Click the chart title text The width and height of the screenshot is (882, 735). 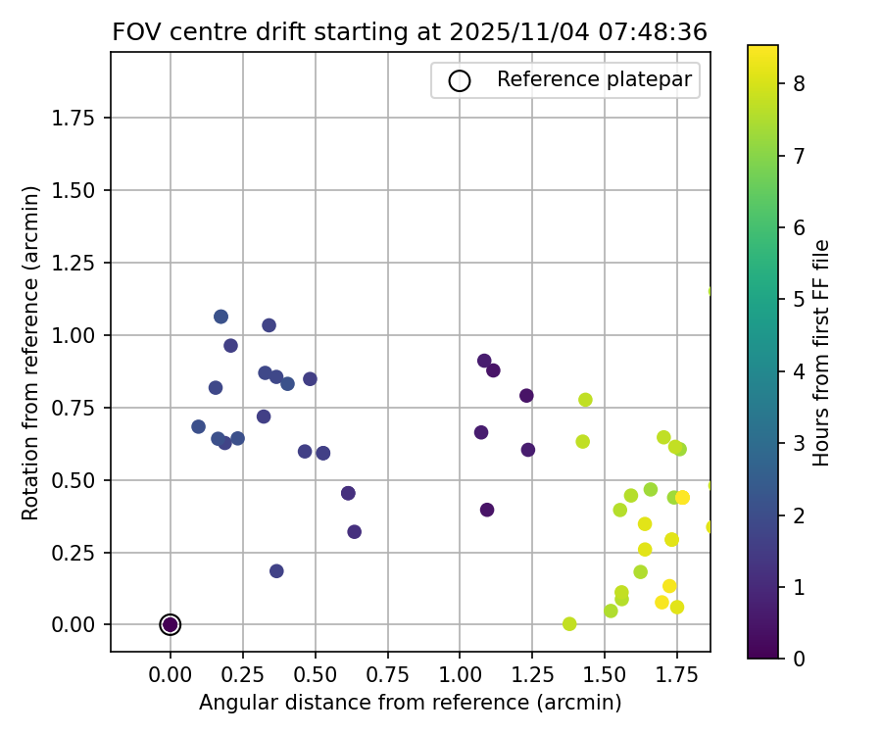[410, 31]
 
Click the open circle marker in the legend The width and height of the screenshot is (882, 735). [459, 80]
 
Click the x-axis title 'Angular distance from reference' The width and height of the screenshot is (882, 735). [410, 703]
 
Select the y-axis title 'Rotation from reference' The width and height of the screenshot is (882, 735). [30, 352]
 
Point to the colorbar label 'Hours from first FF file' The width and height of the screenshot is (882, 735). [821, 352]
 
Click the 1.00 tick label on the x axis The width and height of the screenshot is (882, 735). [460, 675]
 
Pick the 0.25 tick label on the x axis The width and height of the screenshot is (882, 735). [243, 675]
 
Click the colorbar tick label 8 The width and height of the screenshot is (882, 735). [800, 83]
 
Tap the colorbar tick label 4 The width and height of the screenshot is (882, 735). [800, 370]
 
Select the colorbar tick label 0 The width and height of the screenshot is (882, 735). [800, 658]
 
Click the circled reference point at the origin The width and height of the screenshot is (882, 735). [171, 624]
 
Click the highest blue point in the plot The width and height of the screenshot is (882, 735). [220, 317]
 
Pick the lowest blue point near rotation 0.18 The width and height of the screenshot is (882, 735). [276, 571]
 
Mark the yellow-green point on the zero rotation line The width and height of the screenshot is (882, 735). [569, 624]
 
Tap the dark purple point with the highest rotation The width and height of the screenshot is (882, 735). [484, 361]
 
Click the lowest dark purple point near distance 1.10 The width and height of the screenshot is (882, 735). [487, 510]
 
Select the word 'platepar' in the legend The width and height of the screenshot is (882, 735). [658, 79]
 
